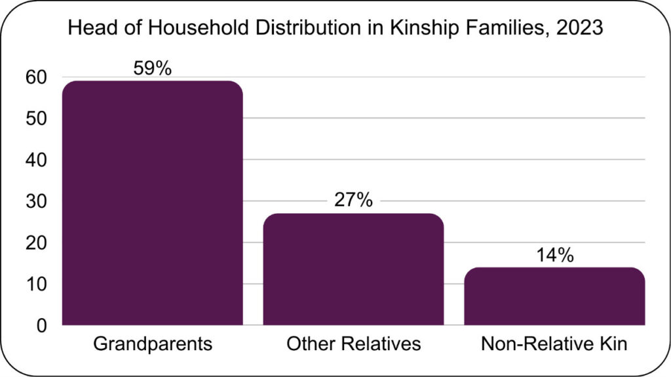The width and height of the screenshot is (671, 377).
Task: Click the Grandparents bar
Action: [152, 203]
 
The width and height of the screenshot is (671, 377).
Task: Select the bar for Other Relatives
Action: [353, 269]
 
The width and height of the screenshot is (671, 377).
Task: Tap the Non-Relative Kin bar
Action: [554, 296]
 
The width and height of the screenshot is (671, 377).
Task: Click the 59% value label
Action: [152, 68]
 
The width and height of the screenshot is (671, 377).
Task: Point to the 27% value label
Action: [353, 201]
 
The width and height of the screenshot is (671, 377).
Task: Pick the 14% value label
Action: [554, 254]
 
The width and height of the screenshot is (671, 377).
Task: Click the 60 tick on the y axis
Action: [37, 77]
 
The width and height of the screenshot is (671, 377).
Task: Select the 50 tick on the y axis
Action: [37, 119]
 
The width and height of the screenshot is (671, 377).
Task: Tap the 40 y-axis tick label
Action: [37, 160]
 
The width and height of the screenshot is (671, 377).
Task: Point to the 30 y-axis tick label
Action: [37, 201]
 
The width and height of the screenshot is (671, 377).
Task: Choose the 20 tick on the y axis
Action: [37, 243]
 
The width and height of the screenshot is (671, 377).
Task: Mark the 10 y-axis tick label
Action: [37, 284]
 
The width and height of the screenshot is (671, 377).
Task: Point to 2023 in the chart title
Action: [581, 29]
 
